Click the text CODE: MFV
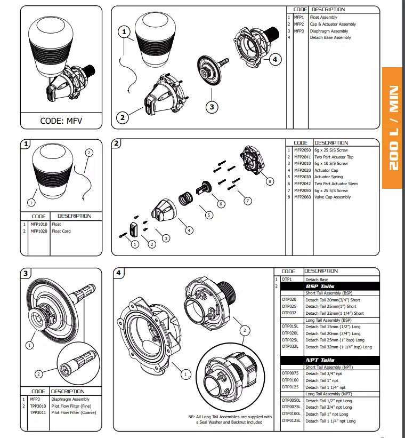(62, 121)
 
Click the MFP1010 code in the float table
(39, 224)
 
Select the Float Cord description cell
(61, 231)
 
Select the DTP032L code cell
(290, 347)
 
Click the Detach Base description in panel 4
(317, 280)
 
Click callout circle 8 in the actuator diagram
(270, 181)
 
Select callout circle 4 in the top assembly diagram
(274, 60)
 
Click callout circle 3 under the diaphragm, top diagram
(212, 107)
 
